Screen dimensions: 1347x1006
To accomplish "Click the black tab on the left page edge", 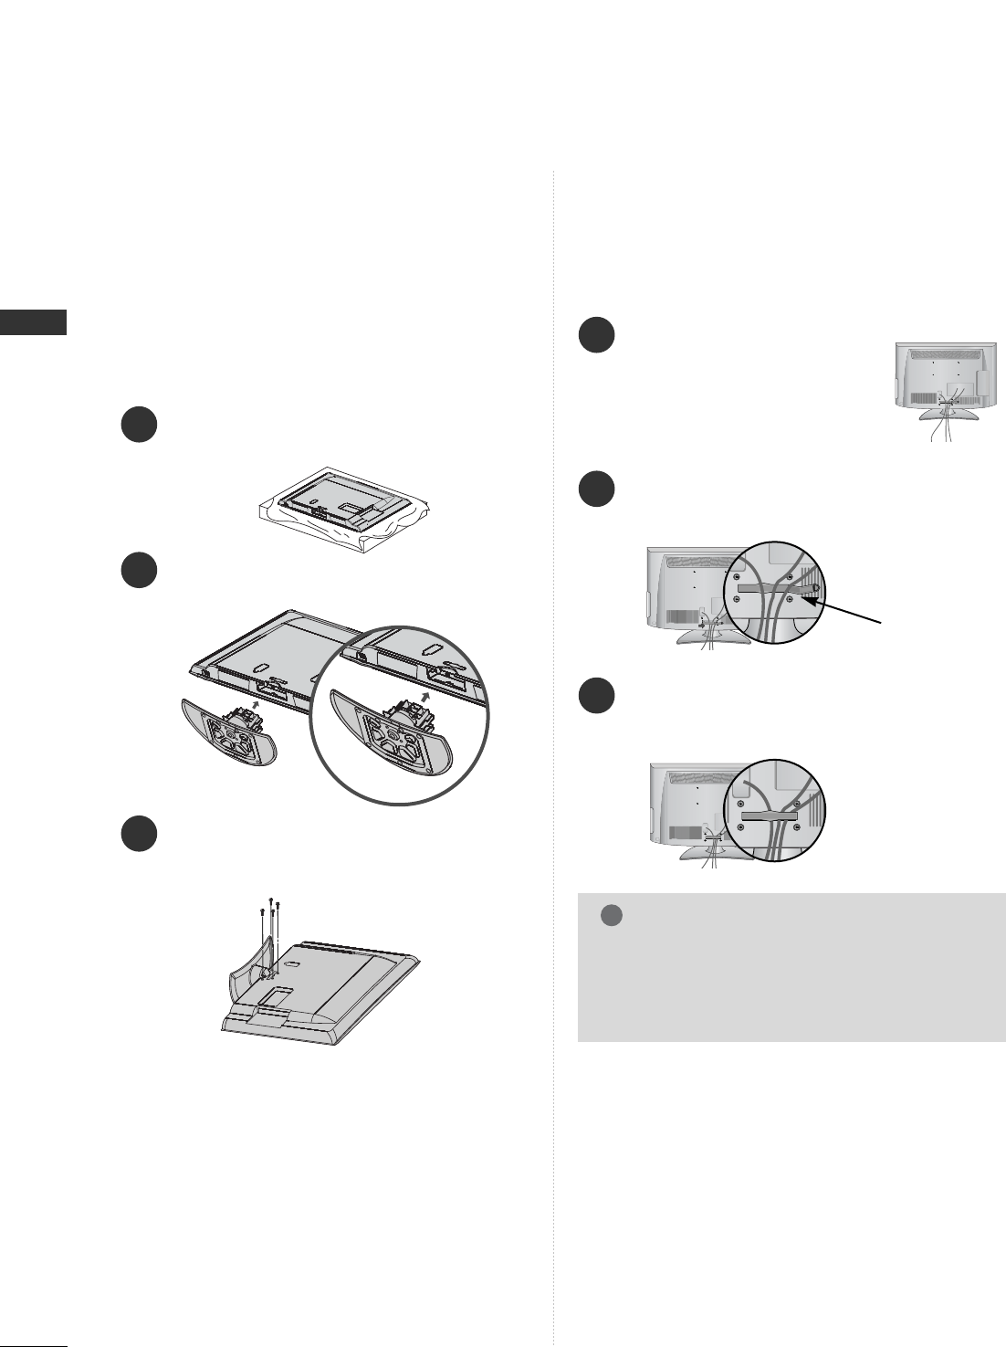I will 33,322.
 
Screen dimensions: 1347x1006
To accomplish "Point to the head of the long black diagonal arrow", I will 803,596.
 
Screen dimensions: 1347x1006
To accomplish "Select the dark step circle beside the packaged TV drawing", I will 139,426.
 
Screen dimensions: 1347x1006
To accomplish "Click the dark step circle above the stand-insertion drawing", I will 139,571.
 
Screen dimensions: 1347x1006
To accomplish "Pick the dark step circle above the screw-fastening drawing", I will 139,834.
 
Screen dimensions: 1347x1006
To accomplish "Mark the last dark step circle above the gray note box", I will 597,696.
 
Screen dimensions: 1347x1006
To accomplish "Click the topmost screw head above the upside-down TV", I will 272,899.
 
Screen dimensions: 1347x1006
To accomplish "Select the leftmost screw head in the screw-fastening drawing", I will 263,913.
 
